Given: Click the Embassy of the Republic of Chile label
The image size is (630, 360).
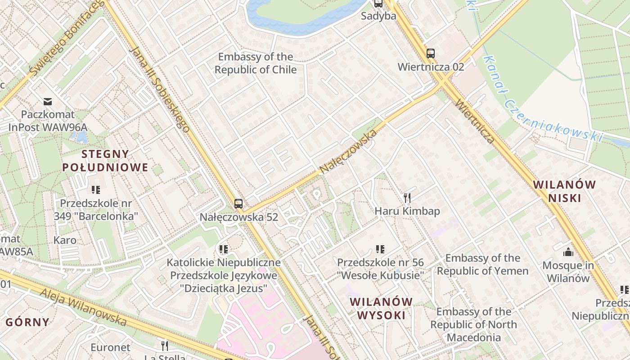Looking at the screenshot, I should pyautogui.click(x=255, y=63).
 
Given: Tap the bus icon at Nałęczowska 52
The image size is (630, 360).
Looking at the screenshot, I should pyautogui.click(x=238, y=203).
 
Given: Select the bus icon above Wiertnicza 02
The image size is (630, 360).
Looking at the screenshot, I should pyautogui.click(x=431, y=54).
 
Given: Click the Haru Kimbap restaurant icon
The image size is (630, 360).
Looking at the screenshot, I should pyautogui.click(x=407, y=198).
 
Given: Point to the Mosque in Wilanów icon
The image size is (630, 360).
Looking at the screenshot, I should pyautogui.click(x=568, y=252).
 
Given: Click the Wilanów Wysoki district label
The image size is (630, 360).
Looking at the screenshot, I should pyautogui.click(x=381, y=308).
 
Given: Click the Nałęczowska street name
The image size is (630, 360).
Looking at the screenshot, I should pyautogui.click(x=348, y=152).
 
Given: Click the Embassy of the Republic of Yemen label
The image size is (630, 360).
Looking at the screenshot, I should pyautogui.click(x=482, y=265).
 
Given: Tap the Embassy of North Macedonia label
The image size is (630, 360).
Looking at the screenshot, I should pyautogui.click(x=473, y=324).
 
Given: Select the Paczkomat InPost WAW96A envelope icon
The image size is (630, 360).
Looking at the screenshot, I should pyautogui.click(x=48, y=101).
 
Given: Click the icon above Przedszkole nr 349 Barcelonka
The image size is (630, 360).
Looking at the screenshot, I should pyautogui.click(x=95, y=190).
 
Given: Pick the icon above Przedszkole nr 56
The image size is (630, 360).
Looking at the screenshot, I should pyautogui.click(x=380, y=249).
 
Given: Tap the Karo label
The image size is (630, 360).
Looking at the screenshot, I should pyautogui.click(x=65, y=240).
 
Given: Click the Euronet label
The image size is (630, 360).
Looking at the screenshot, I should pyautogui.click(x=110, y=347).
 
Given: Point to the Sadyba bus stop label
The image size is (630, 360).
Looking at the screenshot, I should pyautogui.click(x=378, y=16).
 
